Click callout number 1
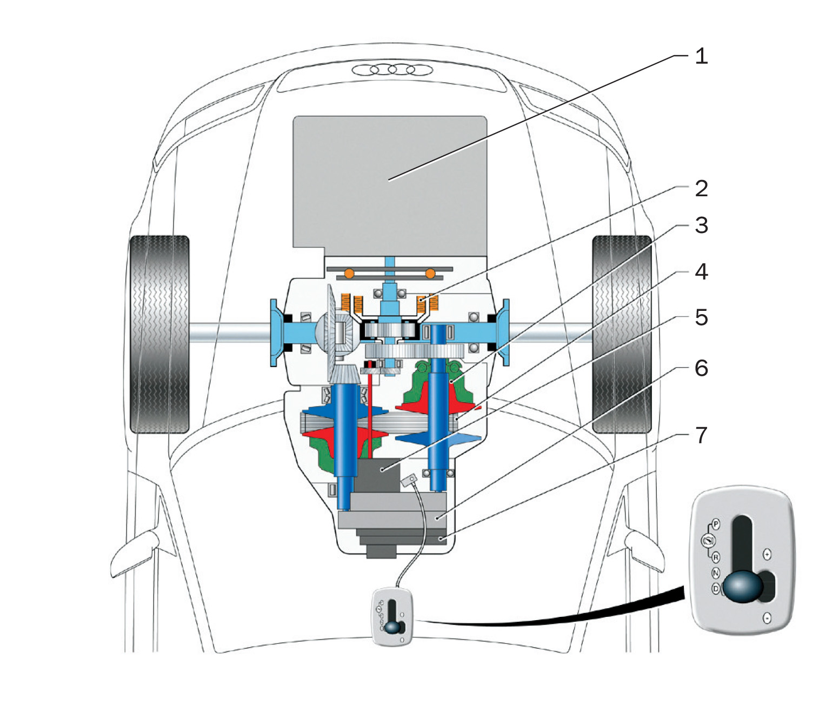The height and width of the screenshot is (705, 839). click(x=701, y=56)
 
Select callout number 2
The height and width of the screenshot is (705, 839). click(x=701, y=188)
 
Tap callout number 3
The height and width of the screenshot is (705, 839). click(x=701, y=225)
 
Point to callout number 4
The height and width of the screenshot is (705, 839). click(x=701, y=271)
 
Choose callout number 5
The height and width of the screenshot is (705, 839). click(x=701, y=317)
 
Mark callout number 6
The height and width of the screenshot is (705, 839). click(x=701, y=368)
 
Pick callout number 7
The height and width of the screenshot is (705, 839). click(x=701, y=435)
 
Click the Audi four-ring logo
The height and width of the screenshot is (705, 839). click(x=392, y=70)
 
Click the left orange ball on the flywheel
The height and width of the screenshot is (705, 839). click(x=349, y=274)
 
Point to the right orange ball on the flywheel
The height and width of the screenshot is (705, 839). click(x=430, y=274)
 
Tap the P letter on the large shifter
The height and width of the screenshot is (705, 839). click(x=716, y=524)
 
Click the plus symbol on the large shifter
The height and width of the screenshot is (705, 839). click(x=767, y=554)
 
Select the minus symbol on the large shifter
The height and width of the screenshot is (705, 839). click(x=767, y=617)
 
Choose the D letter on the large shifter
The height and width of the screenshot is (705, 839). click(x=716, y=588)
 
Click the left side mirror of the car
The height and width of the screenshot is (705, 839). click(x=135, y=554)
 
